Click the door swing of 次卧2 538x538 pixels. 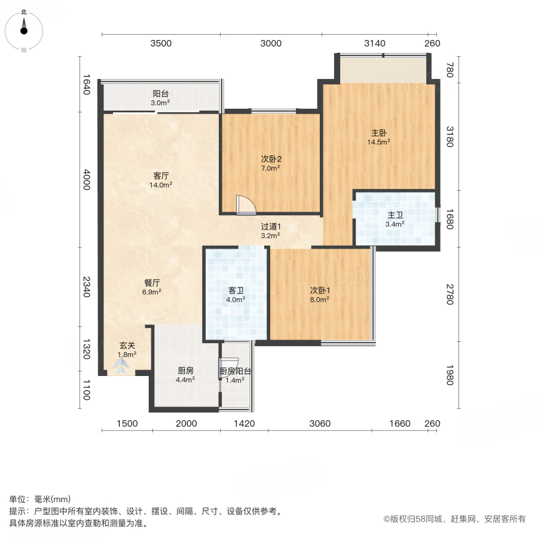point(245,204)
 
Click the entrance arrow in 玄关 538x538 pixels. point(121,369)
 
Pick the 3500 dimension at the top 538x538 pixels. point(161,44)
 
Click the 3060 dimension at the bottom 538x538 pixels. point(320,424)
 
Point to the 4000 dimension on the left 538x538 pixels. point(87,179)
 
